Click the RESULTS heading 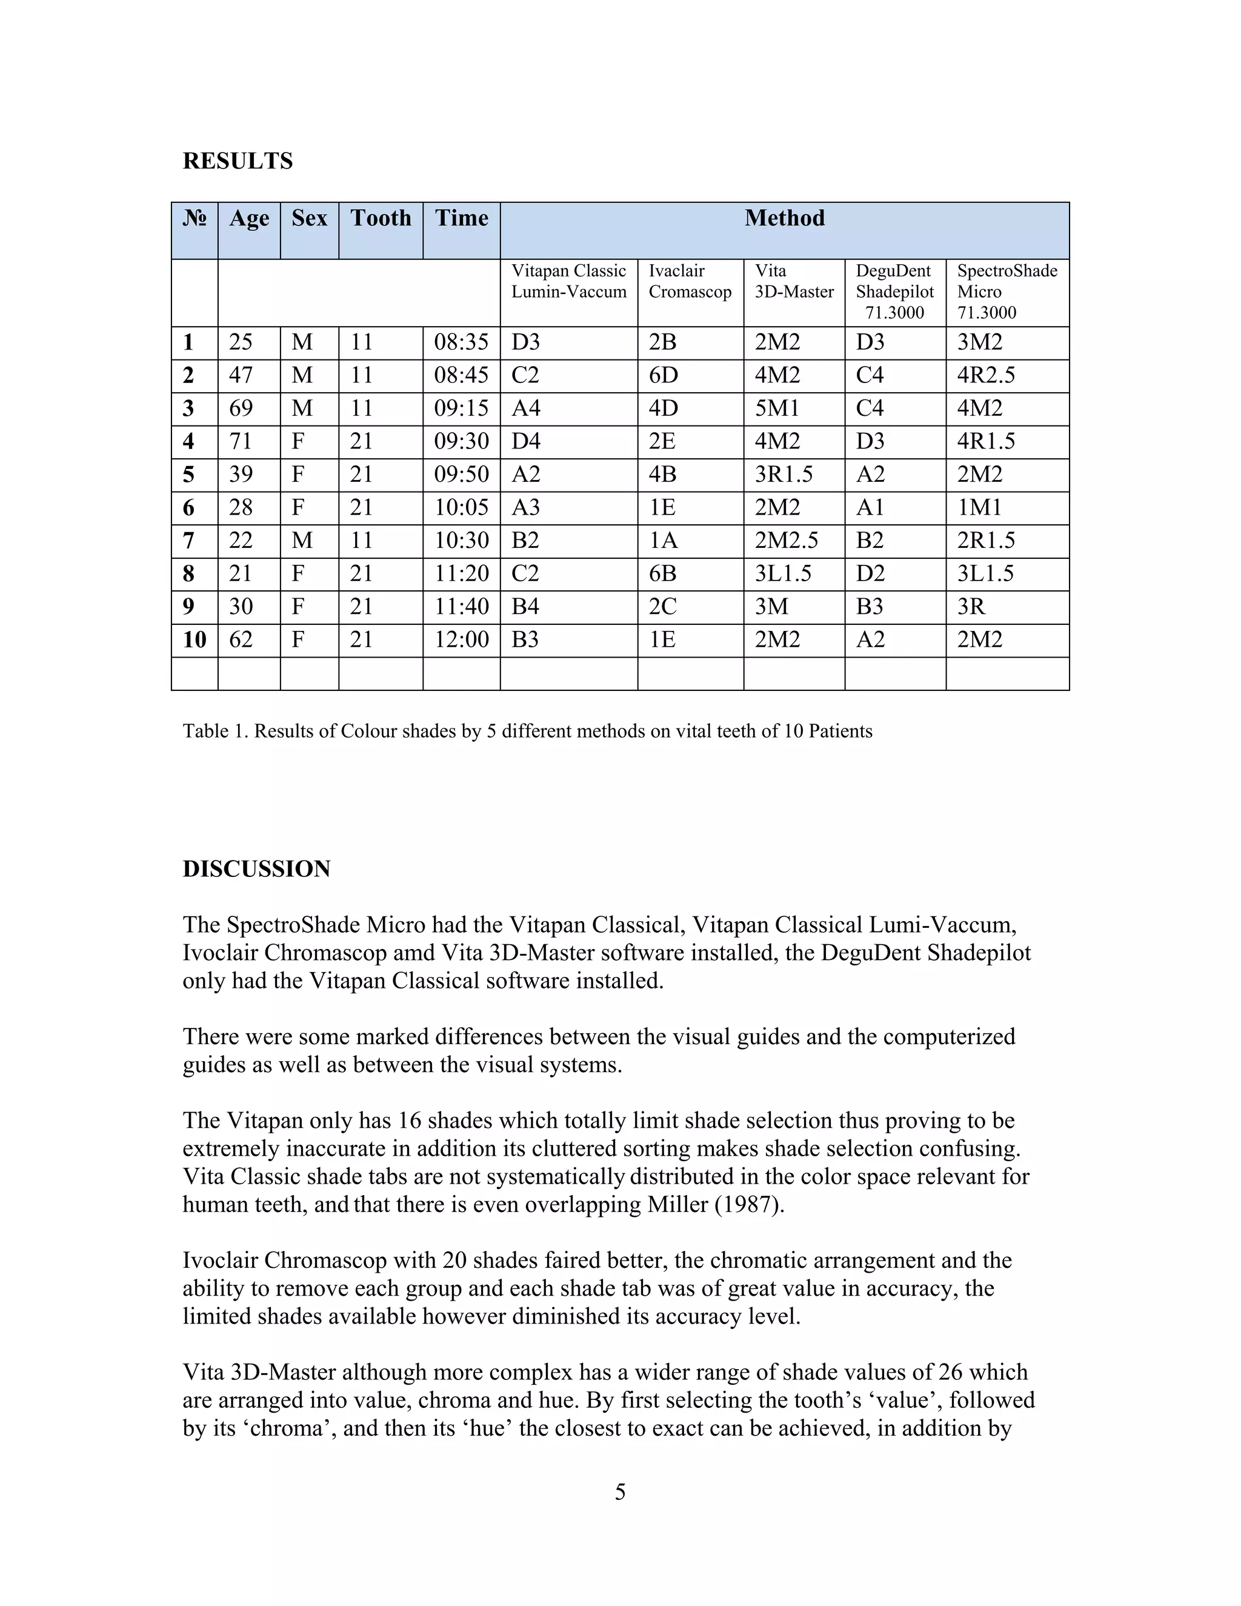click(238, 161)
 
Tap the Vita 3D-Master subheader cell click(794, 282)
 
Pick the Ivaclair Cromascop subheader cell click(690, 282)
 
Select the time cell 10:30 click(461, 541)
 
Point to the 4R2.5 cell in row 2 click(985, 376)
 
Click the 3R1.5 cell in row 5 click(784, 475)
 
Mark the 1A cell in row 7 click(662, 541)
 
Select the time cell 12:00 click(461, 641)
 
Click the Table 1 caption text click(527, 731)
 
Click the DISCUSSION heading click(256, 869)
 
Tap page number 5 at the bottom click(620, 1492)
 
